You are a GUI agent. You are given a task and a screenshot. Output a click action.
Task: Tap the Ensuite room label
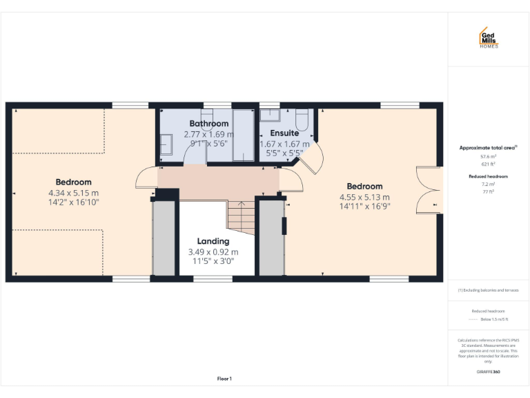coord(284,133)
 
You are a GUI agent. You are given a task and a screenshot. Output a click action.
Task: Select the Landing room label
coord(213,241)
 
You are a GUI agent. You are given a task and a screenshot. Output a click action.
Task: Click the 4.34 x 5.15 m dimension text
coord(73,193)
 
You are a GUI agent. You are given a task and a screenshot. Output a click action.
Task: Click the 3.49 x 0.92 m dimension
coord(213,252)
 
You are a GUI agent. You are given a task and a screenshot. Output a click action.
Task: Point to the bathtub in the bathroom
coord(243,135)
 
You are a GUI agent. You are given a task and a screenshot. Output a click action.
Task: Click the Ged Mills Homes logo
coord(489,38)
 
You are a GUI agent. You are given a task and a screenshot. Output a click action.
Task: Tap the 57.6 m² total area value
coord(489,157)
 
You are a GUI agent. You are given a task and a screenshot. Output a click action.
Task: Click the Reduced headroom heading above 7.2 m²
coord(489,177)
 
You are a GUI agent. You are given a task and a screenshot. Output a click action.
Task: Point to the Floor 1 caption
coord(224,379)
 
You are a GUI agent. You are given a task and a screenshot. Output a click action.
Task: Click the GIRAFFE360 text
coord(489,372)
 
